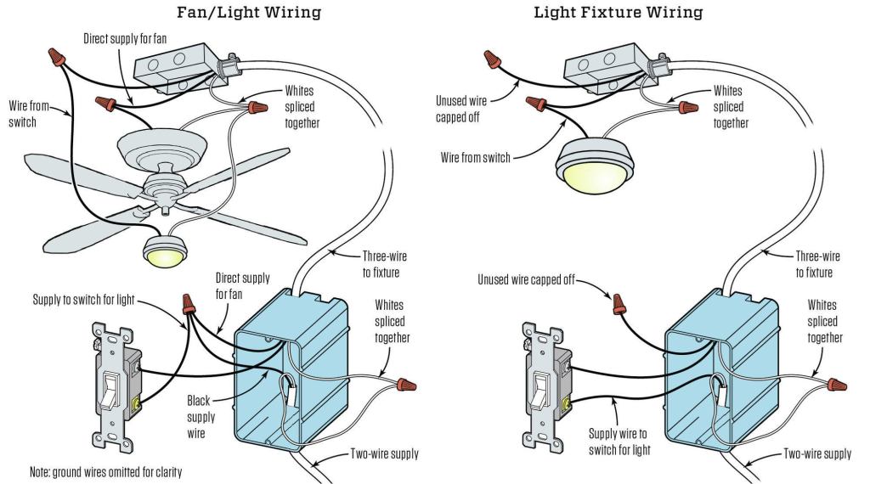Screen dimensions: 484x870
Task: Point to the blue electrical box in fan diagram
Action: (293, 374)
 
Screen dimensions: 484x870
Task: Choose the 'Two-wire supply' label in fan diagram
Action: (383, 453)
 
